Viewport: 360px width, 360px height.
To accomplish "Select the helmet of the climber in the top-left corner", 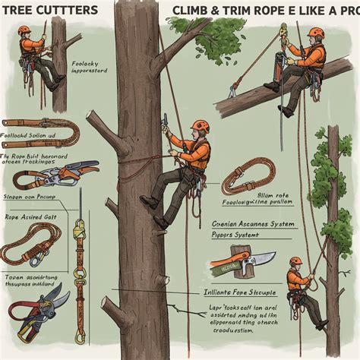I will [x=25, y=30].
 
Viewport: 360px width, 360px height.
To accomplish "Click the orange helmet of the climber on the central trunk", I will [x=199, y=125].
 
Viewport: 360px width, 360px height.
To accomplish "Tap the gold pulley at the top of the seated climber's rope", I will [x=283, y=32].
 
